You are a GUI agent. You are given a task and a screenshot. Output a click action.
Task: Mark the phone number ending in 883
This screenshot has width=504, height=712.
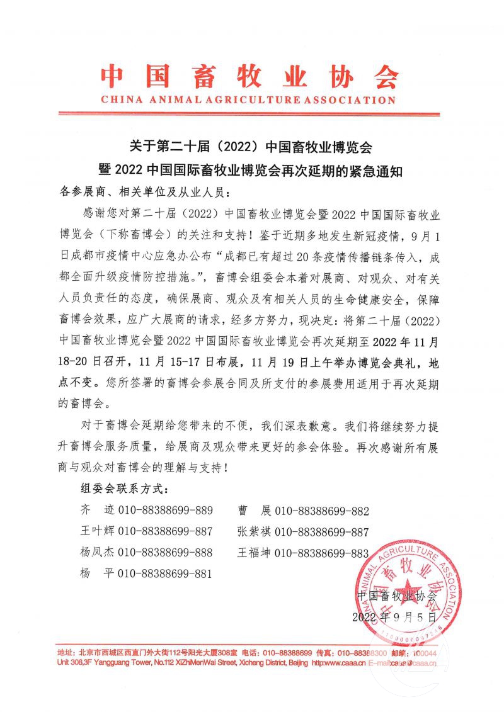[x=322, y=553]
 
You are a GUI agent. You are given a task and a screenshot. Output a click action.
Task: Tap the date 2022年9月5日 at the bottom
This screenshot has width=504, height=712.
[x=395, y=616]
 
